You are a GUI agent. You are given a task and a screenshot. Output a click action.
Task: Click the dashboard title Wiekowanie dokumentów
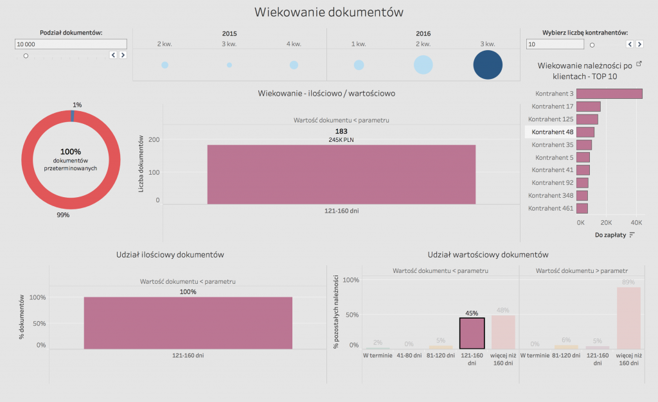[328, 12]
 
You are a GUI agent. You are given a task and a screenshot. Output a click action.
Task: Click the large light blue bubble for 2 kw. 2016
[423, 65]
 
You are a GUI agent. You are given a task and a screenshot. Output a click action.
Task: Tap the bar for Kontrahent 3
[609, 94]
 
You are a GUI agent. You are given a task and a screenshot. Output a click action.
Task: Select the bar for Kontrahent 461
[582, 209]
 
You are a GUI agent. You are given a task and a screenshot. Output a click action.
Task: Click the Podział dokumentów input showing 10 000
[71, 44]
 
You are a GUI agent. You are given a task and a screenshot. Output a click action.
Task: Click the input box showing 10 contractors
[555, 44]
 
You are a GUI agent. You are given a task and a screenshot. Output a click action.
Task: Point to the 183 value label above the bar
[341, 131]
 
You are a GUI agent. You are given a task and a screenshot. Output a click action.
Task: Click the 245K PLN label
[341, 140]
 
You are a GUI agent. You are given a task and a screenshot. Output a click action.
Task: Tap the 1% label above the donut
[77, 105]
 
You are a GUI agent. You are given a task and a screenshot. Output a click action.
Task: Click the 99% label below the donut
[63, 215]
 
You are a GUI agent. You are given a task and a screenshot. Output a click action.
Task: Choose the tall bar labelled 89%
[628, 317]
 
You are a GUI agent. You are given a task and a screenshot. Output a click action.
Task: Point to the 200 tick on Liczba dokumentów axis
[154, 140]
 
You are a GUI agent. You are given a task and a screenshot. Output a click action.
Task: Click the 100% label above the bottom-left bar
[188, 292]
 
